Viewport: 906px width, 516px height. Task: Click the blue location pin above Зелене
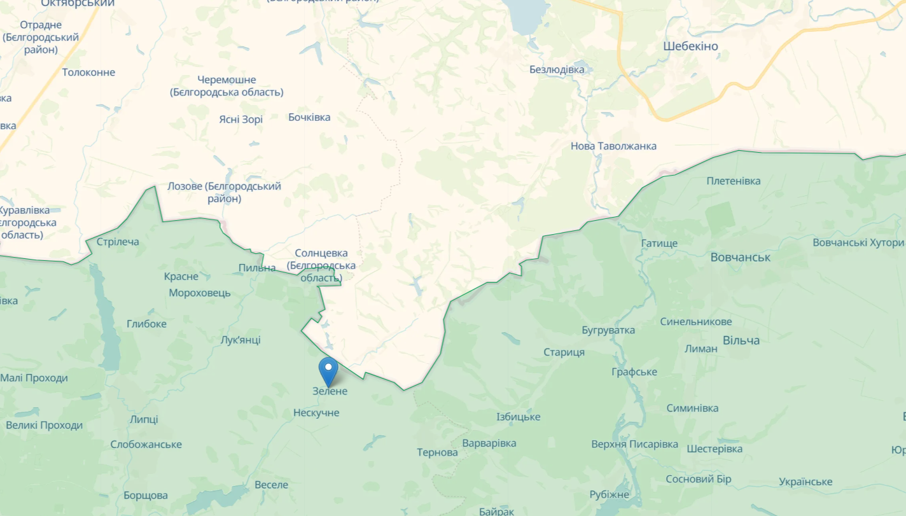pyautogui.click(x=328, y=369)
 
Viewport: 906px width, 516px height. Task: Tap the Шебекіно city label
pyautogui.click(x=690, y=46)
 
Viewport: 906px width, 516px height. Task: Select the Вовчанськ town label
pyautogui.click(x=740, y=258)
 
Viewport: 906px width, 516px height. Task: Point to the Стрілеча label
pyautogui.click(x=118, y=242)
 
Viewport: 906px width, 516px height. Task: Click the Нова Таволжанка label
pyautogui.click(x=613, y=146)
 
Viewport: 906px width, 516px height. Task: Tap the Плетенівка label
pyautogui.click(x=734, y=181)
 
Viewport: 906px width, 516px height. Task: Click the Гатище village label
pyautogui.click(x=659, y=244)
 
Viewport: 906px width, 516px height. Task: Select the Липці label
pyautogui.click(x=144, y=419)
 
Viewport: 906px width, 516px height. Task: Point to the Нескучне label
pyautogui.click(x=316, y=413)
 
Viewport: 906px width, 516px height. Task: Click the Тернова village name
pyautogui.click(x=437, y=453)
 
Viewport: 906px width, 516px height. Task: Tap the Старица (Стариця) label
pyautogui.click(x=564, y=352)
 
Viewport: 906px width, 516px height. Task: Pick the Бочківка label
pyautogui.click(x=309, y=117)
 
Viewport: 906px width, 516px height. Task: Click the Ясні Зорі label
pyautogui.click(x=240, y=120)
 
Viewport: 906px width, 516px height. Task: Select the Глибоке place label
pyautogui.click(x=146, y=324)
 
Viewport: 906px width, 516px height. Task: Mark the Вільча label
pyautogui.click(x=741, y=340)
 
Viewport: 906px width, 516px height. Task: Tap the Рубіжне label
pyautogui.click(x=609, y=494)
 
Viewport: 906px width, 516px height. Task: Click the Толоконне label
pyautogui.click(x=88, y=73)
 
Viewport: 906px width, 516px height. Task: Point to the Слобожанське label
pyautogui.click(x=146, y=445)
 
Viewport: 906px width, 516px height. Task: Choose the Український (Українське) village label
pyautogui.click(x=805, y=482)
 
